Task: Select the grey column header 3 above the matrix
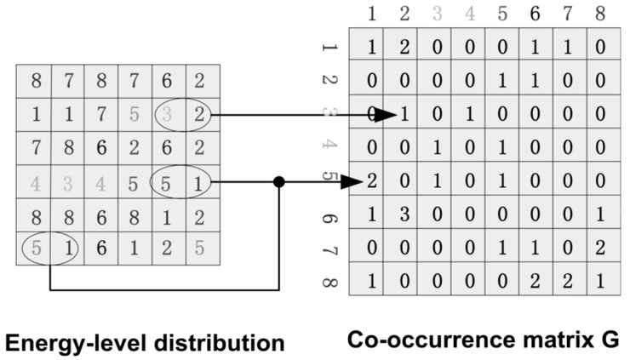(x=438, y=14)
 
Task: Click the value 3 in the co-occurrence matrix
(x=405, y=212)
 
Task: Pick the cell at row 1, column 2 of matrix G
(x=405, y=49)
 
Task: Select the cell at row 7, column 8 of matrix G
(x=600, y=245)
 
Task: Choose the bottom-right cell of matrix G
(x=600, y=278)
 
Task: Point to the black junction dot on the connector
(x=278, y=180)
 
